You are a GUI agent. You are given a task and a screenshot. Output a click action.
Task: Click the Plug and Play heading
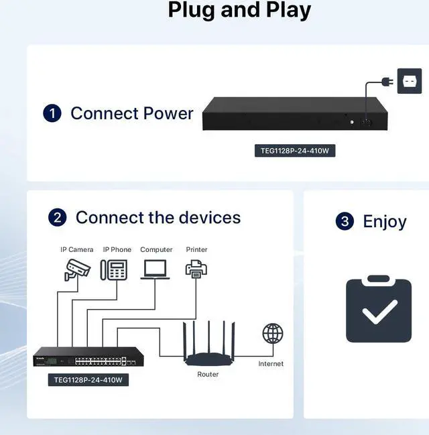coord(239,10)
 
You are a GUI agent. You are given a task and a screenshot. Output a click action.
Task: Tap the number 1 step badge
coord(52,113)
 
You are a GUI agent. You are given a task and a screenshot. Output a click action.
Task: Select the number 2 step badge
coord(58,217)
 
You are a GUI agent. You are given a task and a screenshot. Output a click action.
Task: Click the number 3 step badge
coord(345,221)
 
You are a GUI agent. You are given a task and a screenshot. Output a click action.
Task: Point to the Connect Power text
coord(131,113)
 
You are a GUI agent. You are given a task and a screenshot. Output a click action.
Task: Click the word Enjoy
coord(384,221)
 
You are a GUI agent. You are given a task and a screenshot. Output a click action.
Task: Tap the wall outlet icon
coord(409,81)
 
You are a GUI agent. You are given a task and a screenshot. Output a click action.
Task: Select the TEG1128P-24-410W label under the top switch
coord(295,151)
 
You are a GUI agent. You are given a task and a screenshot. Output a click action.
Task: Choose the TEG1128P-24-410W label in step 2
coord(88,380)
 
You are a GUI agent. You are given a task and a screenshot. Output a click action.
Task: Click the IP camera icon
coord(77,269)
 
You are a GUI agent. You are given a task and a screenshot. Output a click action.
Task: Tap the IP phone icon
coord(114,269)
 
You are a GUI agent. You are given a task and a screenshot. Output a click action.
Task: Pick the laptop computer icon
coord(156,269)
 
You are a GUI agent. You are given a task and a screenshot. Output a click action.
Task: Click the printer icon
coord(196,269)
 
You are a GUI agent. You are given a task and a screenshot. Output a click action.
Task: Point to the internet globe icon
coord(272,333)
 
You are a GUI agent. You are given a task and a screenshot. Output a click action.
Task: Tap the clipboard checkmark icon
coord(379,310)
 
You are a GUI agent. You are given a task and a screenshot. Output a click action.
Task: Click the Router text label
coord(208,374)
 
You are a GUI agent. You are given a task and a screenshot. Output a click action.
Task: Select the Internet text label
coord(271,364)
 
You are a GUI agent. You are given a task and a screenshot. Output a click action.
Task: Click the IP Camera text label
coord(77,249)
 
